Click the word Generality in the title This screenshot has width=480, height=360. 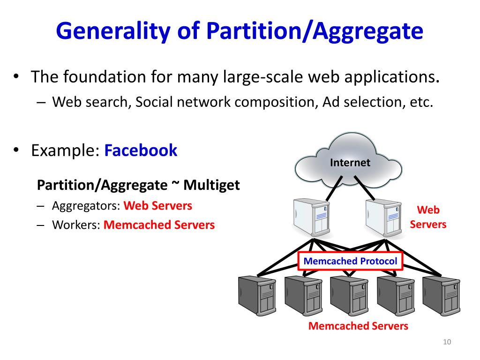click(105, 31)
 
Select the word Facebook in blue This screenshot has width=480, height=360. click(141, 150)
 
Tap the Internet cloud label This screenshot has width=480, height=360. click(350, 163)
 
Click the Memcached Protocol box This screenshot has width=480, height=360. click(350, 261)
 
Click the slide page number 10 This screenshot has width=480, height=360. click(446, 342)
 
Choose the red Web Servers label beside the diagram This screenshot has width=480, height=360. click(428, 217)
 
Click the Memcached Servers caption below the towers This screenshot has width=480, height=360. click(358, 326)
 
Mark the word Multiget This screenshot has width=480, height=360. click(211, 185)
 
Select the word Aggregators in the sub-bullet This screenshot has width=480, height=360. click(86, 206)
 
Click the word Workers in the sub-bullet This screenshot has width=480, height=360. click(76, 225)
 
